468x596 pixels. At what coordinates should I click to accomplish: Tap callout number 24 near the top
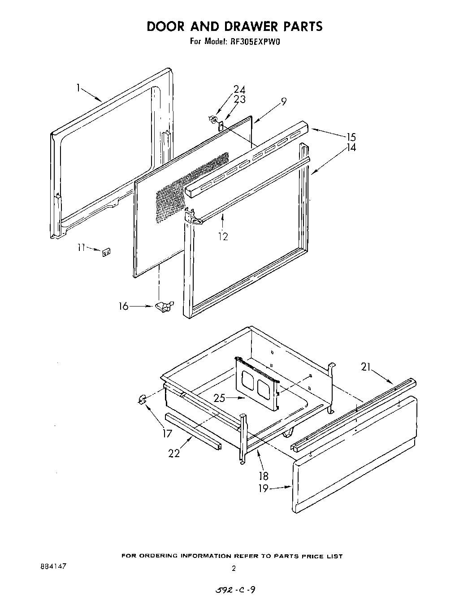[239, 90]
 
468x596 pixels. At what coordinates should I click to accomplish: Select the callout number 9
[283, 102]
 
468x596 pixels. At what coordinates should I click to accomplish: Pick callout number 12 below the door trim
[223, 237]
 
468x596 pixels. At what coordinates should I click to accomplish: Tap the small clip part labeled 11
[107, 253]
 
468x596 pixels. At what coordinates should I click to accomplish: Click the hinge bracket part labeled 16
[164, 306]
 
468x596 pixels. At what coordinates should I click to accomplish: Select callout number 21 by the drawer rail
[367, 367]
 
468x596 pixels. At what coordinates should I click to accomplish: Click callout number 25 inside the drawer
[220, 397]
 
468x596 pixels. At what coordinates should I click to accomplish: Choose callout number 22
[174, 453]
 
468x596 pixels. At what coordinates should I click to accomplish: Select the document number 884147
[53, 566]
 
